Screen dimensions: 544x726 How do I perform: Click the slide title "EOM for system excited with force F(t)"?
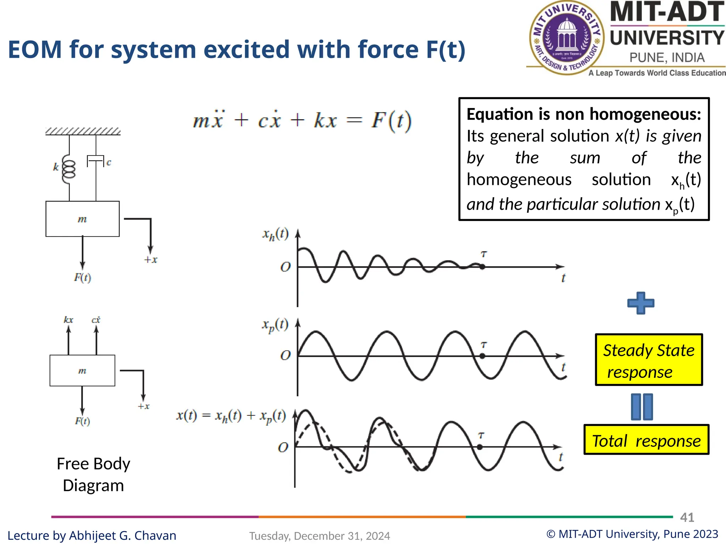click(236, 49)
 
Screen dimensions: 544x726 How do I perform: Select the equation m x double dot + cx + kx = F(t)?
click(302, 120)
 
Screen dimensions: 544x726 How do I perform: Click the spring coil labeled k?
click(69, 169)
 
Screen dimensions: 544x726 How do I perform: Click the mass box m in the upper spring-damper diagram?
click(82, 219)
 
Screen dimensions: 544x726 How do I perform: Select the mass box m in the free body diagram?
click(82, 370)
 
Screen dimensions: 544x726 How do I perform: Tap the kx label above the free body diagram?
click(68, 320)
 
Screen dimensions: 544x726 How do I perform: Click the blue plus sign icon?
click(641, 303)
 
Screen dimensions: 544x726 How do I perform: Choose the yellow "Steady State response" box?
click(648, 360)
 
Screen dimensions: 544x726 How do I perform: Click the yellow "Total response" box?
click(646, 440)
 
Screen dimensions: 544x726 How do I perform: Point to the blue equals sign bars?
click(642, 407)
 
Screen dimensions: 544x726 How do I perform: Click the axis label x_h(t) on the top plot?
click(275, 234)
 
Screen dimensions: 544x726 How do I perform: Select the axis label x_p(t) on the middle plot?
click(275, 325)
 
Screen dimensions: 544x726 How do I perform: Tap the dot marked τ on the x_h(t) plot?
click(482, 267)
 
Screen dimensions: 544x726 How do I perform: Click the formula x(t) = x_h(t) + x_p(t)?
click(231, 415)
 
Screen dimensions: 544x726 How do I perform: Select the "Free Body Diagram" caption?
click(93, 474)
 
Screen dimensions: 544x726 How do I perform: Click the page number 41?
click(687, 517)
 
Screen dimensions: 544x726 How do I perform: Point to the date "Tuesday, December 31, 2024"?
click(319, 536)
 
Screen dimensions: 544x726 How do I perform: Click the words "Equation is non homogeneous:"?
click(583, 114)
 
